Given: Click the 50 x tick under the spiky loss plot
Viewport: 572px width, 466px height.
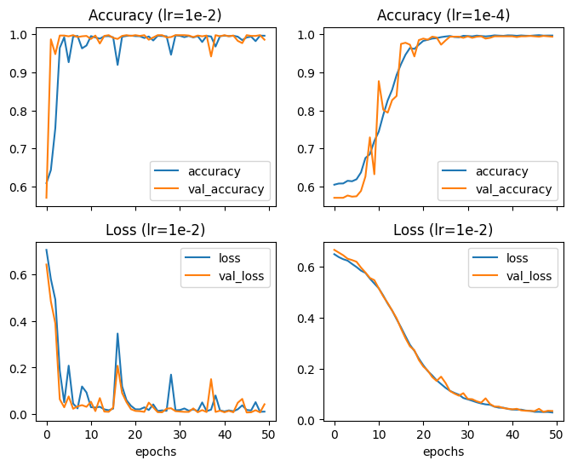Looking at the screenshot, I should click(268, 434).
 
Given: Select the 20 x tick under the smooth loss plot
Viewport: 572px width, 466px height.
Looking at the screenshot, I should click(424, 434).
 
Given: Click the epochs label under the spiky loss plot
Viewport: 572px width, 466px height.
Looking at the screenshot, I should click(156, 452).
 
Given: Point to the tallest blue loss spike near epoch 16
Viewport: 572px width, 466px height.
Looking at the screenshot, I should click(117, 334).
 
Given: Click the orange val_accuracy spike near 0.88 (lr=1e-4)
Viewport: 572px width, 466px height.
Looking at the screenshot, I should click(379, 81).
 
